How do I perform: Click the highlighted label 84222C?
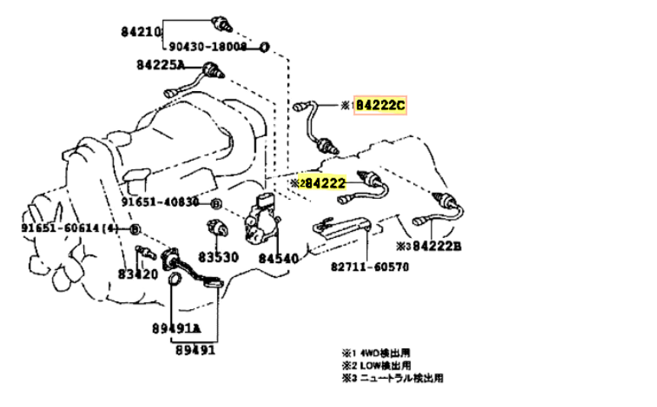point(380,106)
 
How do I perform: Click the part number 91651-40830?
point(163,203)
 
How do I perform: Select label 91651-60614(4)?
point(70,229)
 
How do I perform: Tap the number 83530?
point(221,258)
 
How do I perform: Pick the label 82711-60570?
point(370,267)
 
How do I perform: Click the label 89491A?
point(174,329)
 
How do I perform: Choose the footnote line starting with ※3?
point(392,378)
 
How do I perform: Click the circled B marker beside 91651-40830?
point(216,203)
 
